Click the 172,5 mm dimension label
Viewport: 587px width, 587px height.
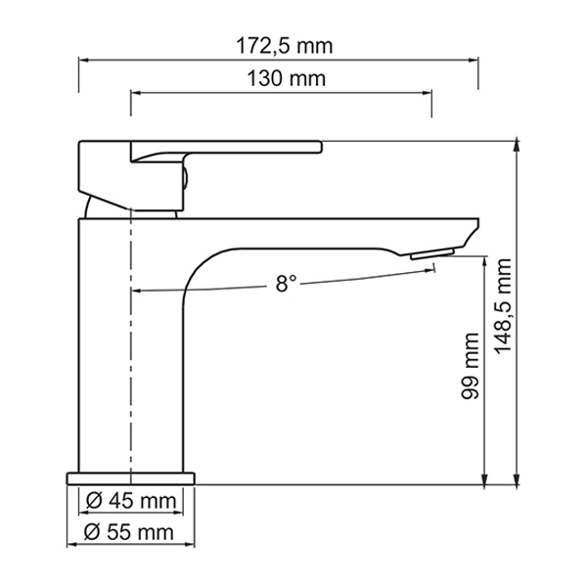point(284,46)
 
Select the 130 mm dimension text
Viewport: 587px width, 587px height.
point(287,78)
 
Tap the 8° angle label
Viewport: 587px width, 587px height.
point(286,284)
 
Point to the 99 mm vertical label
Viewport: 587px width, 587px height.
point(471,366)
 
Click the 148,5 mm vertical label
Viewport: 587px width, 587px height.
point(503,306)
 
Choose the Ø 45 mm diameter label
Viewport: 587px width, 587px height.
point(131,501)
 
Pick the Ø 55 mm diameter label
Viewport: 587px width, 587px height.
point(129,532)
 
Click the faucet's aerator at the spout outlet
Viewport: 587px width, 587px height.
point(432,253)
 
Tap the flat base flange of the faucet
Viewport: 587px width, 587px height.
point(131,478)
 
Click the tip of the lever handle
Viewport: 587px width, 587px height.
point(321,147)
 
